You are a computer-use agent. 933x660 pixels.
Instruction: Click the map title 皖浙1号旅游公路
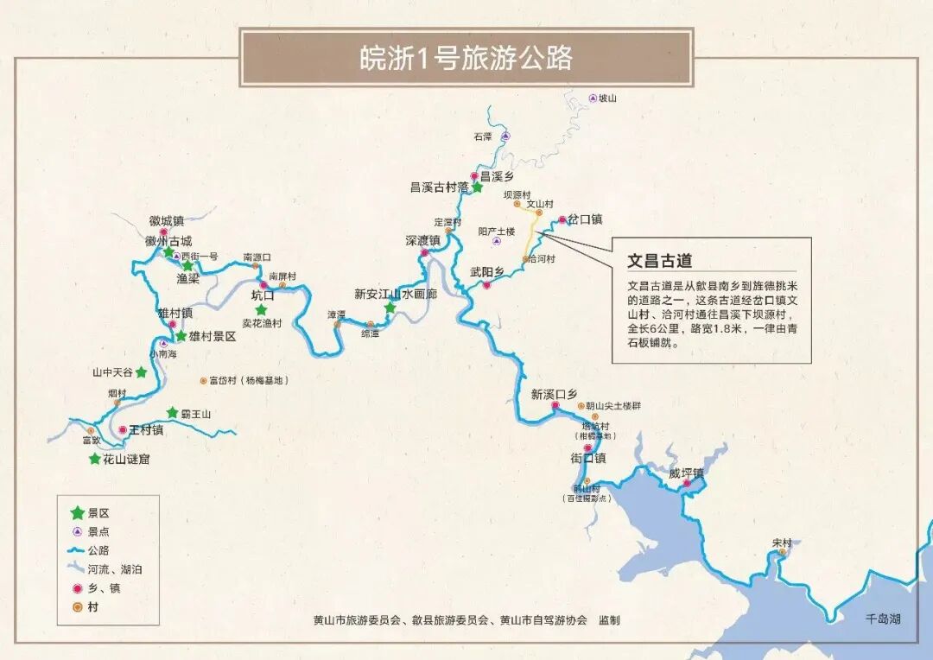(x=466, y=58)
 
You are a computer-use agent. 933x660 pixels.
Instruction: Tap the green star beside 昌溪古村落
(x=477, y=187)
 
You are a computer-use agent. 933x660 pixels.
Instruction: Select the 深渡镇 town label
(x=422, y=240)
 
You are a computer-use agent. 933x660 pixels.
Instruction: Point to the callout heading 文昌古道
(x=659, y=260)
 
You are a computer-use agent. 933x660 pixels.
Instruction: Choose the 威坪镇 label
(x=686, y=473)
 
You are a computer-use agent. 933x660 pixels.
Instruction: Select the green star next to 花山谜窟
(x=95, y=459)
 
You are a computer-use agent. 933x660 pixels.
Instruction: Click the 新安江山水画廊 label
(x=396, y=294)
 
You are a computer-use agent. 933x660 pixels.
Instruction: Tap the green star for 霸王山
(x=173, y=413)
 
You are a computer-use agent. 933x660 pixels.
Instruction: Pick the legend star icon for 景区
(x=78, y=512)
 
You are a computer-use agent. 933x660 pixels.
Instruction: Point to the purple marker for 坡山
(x=593, y=98)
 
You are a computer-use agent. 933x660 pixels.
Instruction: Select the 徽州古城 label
(x=168, y=241)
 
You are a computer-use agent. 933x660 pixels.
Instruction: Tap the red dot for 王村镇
(x=123, y=429)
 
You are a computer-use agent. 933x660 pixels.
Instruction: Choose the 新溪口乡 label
(x=554, y=394)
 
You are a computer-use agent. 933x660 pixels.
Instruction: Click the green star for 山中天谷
(x=141, y=372)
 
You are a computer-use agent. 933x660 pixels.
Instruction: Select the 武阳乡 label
(x=486, y=272)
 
